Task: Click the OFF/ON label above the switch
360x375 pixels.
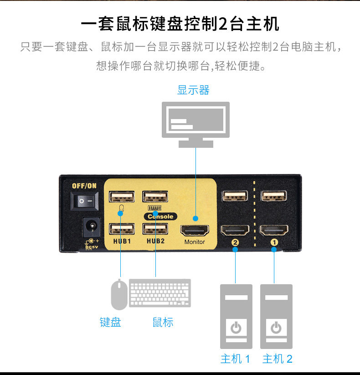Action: click(x=85, y=186)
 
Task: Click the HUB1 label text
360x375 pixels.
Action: click(x=122, y=241)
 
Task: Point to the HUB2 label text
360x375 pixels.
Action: click(x=155, y=241)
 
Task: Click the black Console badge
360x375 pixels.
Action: click(x=160, y=217)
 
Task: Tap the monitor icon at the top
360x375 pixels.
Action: click(x=196, y=123)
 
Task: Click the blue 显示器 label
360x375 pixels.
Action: click(x=193, y=90)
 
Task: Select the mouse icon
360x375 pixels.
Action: click(x=119, y=295)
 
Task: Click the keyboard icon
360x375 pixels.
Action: click(x=160, y=293)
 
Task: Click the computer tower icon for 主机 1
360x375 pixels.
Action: click(x=236, y=316)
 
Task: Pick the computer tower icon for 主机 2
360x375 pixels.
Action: click(x=276, y=316)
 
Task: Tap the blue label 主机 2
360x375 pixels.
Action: click(x=277, y=359)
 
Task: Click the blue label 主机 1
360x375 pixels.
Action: click(x=235, y=359)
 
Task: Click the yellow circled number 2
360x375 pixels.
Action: click(x=235, y=243)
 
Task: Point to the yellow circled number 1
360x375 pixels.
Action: click(x=274, y=243)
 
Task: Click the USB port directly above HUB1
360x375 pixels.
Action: click(x=122, y=229)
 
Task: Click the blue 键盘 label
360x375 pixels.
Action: click(x=110, y=322)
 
